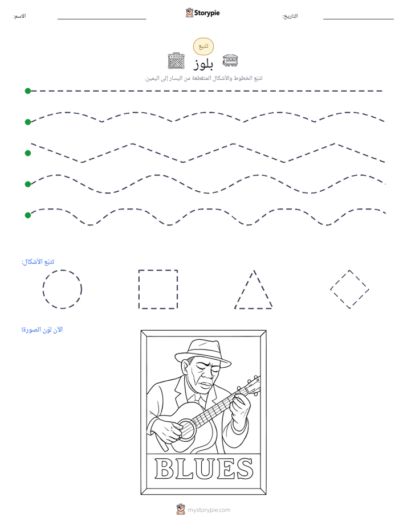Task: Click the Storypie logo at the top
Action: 202,13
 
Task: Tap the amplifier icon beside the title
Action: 176,61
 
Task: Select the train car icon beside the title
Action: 230,60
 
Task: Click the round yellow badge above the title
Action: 203,46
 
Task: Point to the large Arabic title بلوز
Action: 203,64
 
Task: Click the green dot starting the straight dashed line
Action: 28,91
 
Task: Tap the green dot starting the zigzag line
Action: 28,153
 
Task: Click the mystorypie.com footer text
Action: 209,510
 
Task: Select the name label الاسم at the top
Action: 19,16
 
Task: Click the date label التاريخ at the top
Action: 290,16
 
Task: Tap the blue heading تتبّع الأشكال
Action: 38,262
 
